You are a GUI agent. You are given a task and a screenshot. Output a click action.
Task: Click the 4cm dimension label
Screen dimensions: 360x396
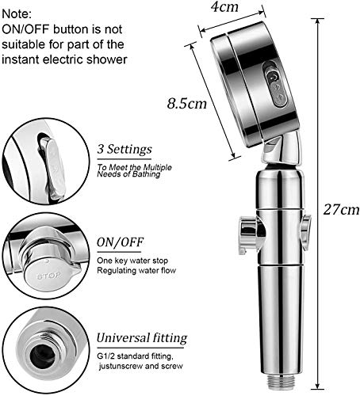click(224, 7)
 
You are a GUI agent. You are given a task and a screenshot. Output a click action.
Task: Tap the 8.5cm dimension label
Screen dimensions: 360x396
click(186, 103)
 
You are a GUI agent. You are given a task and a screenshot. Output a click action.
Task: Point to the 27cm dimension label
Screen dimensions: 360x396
click(341, 210)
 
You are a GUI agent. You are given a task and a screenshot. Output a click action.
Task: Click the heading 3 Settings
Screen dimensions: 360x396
click(124, 150)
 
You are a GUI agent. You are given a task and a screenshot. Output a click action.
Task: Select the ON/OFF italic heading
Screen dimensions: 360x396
click(121, 242)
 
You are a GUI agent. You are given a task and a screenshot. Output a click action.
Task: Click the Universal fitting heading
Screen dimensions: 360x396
click(142, 338)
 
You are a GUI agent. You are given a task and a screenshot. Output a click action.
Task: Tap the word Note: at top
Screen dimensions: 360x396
click(17, 14)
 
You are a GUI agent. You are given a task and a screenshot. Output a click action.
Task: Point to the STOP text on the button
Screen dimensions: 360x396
click(48, 276)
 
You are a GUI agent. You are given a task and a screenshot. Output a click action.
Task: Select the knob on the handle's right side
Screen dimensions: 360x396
click(307, 228)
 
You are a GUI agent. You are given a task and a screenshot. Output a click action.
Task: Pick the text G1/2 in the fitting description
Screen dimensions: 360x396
click(105, 356)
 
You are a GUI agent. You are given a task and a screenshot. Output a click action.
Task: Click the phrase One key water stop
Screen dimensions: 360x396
click(132, 261)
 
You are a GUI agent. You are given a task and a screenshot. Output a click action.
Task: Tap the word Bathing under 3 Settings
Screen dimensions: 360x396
click(147, 174)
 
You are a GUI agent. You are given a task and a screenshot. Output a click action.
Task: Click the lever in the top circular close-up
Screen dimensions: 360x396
click(53, 169)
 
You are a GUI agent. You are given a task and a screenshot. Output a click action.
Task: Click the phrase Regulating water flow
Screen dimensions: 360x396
click(136, 271)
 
